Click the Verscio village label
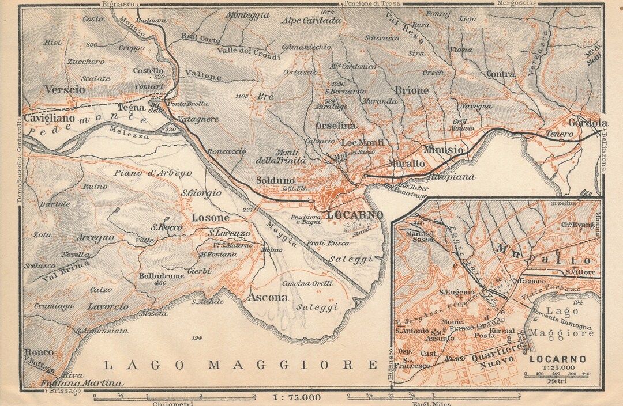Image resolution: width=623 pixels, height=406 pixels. pos(65,90)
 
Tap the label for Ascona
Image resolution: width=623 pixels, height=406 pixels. pos(267,298)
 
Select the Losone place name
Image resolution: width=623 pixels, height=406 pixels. pos(210,218)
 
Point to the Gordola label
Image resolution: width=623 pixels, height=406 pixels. pos(588,123)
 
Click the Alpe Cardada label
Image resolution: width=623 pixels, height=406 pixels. pos(311,20)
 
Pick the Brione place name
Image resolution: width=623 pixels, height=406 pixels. pos(412,90)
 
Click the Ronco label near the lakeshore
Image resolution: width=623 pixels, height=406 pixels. pos(39,352)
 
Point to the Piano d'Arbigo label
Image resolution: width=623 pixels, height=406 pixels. pos(153,173)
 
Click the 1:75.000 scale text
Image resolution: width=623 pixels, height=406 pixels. pos(297,397)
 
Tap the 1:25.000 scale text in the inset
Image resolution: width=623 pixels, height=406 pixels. pos(557,367)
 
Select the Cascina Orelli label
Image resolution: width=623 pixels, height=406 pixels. pos(307,283)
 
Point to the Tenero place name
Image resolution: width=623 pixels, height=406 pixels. pos(559,134)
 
